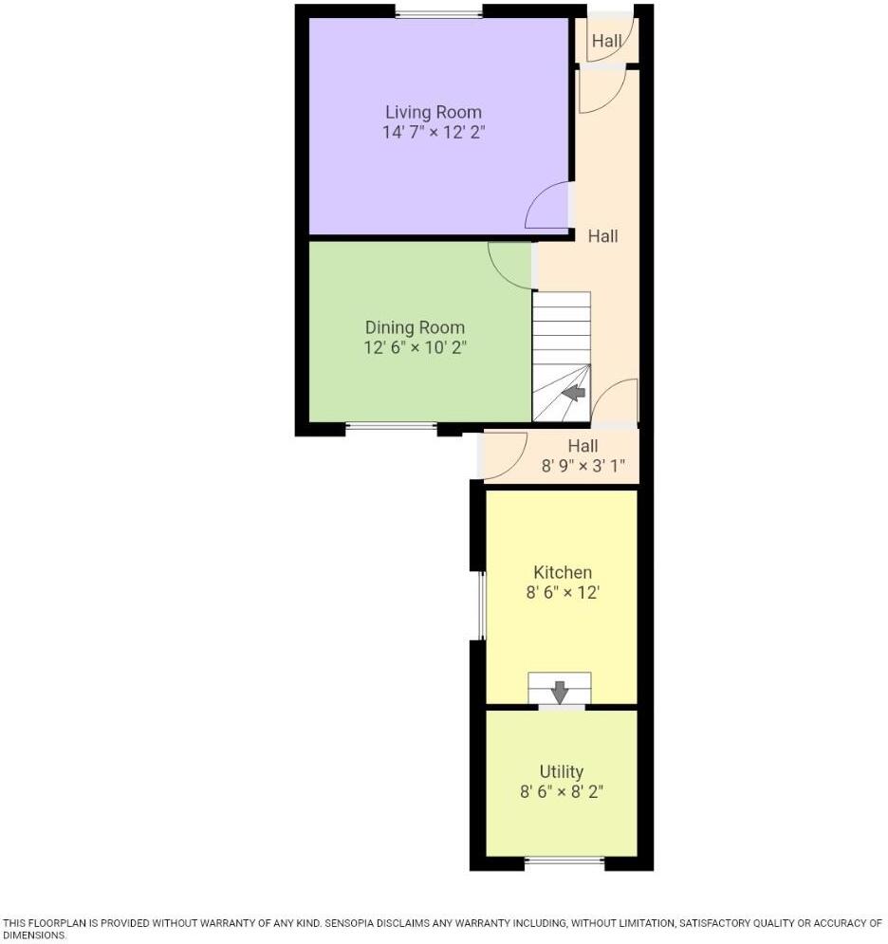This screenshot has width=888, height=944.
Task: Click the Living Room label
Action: (x=433, y=112)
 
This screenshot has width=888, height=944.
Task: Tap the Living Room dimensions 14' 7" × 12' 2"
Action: (x=433, y=133)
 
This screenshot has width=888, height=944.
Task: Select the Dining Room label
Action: (x=415, y=327)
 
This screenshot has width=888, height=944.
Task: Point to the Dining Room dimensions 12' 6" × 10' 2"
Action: (x=415, y=348)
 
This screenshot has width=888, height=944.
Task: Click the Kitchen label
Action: (x=563, y=572)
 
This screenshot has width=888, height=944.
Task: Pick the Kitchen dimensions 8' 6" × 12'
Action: (x=563, y=593)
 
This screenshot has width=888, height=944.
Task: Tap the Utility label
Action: (x=562, y=771)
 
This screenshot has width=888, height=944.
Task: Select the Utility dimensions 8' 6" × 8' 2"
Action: (x=562, y=792)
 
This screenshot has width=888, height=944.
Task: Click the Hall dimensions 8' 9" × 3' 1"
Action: (x=583, y=466)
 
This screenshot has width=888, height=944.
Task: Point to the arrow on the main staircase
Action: (x=575, y=391)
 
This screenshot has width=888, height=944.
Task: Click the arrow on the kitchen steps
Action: (x=560, y=692)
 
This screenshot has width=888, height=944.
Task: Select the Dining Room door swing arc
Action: (x=510, y=265)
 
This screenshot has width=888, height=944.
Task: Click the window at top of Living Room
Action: (x=438, y=12)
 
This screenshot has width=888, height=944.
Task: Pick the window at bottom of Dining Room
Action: (x=391, y=428)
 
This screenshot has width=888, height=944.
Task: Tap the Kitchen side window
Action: (x=482, y=605)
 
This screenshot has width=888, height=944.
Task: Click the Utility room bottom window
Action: (x=564, y=861)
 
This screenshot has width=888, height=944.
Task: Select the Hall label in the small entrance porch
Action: (x=607, y=41)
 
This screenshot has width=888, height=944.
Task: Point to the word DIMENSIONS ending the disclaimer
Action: (x=34, y=935)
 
